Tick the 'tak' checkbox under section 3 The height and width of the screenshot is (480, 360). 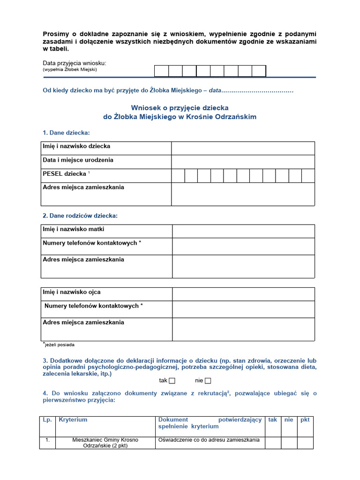[x=172, y=381]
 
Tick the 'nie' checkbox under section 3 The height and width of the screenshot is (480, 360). [x=208, y=381]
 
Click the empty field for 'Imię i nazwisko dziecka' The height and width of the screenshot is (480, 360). [x=243, y=148]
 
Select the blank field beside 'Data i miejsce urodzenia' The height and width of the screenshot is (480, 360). [x=243, y=162]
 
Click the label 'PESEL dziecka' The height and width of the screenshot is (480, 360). [x=65, y=174]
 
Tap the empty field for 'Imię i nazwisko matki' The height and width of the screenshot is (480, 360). [x=243, y=231]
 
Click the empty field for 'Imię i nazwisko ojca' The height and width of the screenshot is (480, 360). [x=243, y=294]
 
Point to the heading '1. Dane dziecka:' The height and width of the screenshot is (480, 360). [x=66, y=133]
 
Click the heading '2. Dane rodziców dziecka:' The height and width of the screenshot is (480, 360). [x=80, y=216]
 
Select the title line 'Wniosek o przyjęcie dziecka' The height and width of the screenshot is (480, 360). [x=180, y=107]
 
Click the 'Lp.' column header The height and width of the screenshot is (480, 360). [x=47, y=420]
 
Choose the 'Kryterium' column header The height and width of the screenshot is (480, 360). [x=73, y=420]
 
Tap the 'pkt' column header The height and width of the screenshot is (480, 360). [x=305, y=420]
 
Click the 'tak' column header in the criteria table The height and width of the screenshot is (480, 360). [x=273, y=420]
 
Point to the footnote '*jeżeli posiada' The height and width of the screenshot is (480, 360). [x=59, y=345]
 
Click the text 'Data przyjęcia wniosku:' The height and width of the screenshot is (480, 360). [x=75, y=63]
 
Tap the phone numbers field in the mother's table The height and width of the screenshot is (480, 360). [x=243, y=246]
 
